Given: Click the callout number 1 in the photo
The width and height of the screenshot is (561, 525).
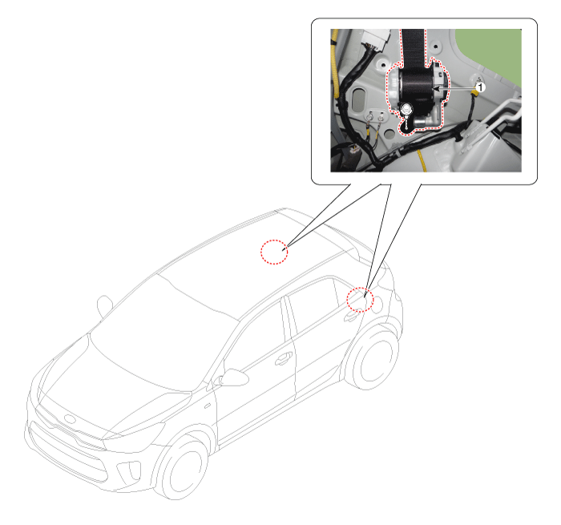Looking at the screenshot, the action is pos(481,87).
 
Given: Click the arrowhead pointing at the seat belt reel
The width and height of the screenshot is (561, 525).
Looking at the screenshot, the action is pos(436,88).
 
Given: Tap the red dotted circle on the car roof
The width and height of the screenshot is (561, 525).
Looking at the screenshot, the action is pos(274,252).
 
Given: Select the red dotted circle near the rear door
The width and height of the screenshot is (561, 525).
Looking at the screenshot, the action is pos(360,299).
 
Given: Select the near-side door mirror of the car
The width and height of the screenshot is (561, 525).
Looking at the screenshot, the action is pos(232,378).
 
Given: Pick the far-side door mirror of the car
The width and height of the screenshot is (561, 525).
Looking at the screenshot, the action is pos(104,306).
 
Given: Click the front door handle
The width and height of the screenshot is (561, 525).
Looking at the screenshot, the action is pos(284,358).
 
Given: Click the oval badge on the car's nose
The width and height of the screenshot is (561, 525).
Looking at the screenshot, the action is pos(71,419).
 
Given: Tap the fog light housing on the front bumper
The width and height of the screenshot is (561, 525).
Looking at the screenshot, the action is pos(129,471).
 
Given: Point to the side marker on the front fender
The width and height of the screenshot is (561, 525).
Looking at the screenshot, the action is pos(207,406).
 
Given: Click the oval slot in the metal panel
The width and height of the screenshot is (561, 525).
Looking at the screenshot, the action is pos(359,99).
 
